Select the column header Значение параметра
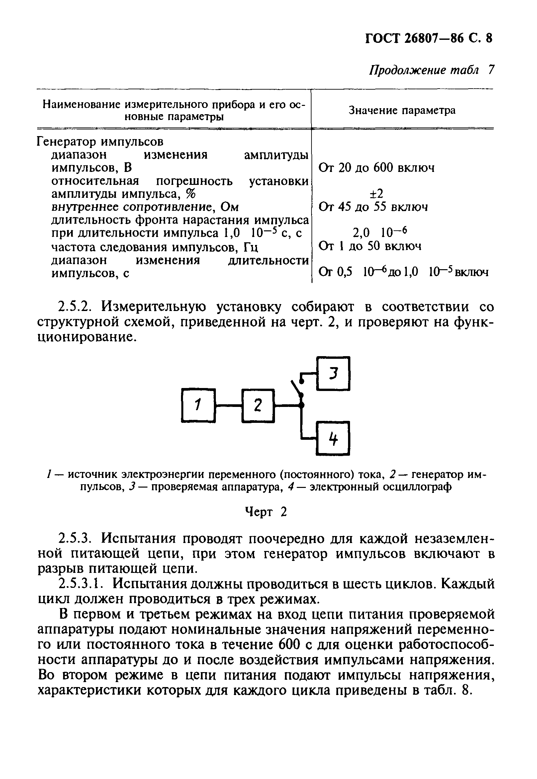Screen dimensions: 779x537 point(402,110)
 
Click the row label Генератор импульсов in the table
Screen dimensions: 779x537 point(100,142)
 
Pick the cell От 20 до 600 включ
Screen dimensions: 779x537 point(376,167)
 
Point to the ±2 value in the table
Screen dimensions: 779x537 point(376,194)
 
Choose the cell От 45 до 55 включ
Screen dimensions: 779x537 point(373,206)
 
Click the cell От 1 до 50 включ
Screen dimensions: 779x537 point(370,246)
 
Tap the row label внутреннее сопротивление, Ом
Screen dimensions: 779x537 point(145,207)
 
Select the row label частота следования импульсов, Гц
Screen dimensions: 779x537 point(154,248)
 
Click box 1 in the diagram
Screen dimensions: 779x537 point(198,405)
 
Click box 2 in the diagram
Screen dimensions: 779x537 point(258,406)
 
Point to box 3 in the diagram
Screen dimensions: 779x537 point(333,373)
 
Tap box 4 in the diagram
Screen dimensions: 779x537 point(333,438)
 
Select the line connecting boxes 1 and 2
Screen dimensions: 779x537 point(228,406)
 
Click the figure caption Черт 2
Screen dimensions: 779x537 point(265,512)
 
